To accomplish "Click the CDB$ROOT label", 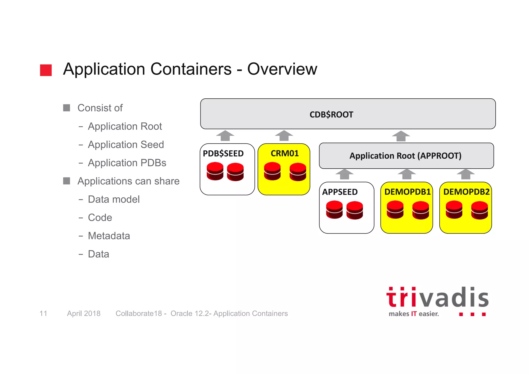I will coord(331,114).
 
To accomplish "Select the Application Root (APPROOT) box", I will coord(406,156).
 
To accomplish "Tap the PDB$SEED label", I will coord(223,153).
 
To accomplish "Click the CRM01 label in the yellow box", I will coord(285,153).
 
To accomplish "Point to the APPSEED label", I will coord(340,192).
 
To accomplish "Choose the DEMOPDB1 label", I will coord(407,192).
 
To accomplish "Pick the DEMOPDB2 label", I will coord(466,192).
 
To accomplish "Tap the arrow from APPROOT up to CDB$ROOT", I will coord(401,136).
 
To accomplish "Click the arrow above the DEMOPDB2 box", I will coord(466,174).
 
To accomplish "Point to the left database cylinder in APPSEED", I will coord(334,210).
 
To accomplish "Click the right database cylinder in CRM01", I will coord(298,172).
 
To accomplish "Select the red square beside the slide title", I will coord(46,70).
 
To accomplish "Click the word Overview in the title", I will coord(282,69).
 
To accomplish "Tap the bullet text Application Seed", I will coord(126,145).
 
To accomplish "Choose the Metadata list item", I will coord(109,236).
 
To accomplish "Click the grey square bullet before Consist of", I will coord(67,108).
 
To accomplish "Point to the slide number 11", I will coord(43,314).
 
